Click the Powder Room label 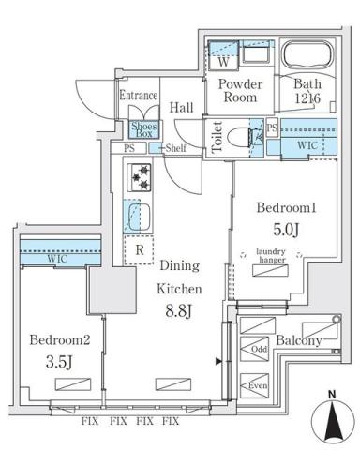(x=240, y=92)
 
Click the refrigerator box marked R (x=139, y=249)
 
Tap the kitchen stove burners (x=140, y=177)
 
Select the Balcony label (x=299, y=341)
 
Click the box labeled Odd (x=259, y=351)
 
